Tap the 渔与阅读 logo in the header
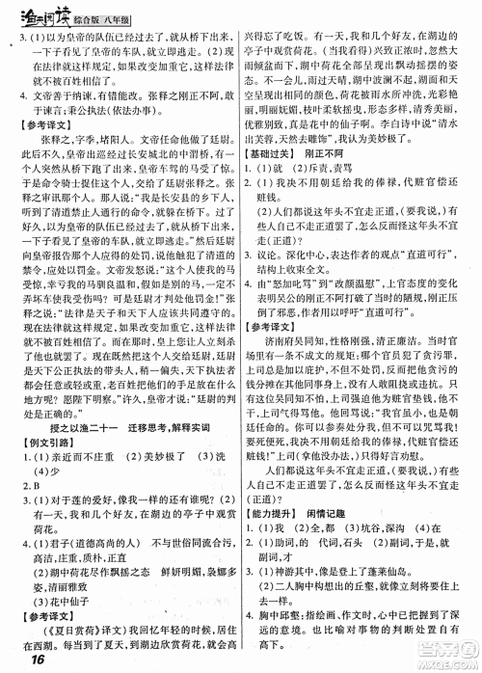pos(37,12)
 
